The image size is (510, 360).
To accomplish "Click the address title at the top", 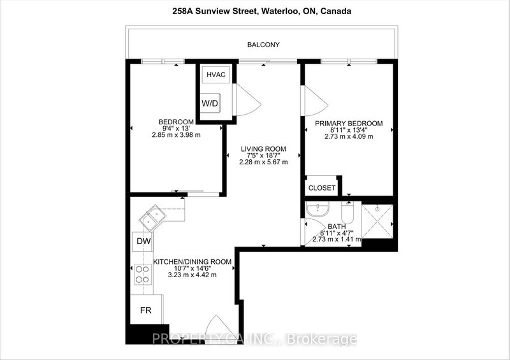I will (x=255, y=11).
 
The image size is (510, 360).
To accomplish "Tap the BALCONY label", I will (x=263, y=45).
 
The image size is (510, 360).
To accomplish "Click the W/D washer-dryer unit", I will (x=210, y=104).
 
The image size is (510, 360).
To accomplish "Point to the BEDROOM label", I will (x=176, y=122).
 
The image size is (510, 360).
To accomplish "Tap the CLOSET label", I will (x=322, y=188).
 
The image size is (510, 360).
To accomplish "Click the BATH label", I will (x=336, y=226).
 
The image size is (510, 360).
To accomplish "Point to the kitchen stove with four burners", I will (x=142, y=274).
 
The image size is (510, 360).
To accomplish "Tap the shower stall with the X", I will (x=379, y=220).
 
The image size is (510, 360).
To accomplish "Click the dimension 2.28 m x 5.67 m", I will (x=264, y=162).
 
